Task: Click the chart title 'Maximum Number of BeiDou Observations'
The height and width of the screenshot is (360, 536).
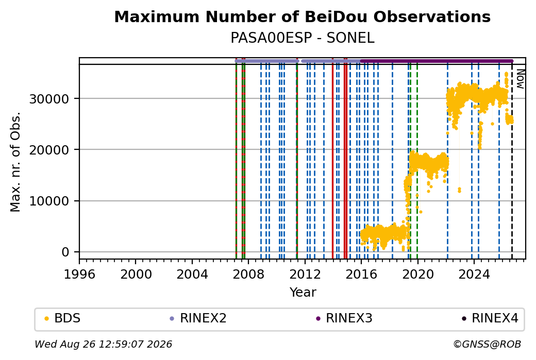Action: (x=302, y=16)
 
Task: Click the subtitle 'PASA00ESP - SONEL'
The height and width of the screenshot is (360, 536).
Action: (x=303, y=38)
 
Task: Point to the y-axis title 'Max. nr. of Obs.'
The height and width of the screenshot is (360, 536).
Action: (x=15, y=162)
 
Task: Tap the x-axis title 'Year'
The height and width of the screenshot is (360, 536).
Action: (x=303, y=293)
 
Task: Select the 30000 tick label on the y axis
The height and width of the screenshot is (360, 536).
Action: (x=49, y=99)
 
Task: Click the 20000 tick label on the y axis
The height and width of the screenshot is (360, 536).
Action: (x=49, y=150)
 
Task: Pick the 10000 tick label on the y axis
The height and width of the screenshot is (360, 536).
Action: (x=49, y=201)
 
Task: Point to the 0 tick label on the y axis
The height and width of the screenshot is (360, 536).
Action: (x=65, y=252)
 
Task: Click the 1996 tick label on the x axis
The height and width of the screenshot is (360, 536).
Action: (x=80, y=275)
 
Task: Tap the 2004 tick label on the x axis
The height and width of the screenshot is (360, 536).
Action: (x=192, y=275)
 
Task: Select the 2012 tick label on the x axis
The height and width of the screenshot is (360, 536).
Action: (x=305, y=275)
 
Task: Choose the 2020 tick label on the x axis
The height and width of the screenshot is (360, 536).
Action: (x=418, y=275)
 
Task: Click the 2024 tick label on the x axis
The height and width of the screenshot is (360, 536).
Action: (x=474, y=275)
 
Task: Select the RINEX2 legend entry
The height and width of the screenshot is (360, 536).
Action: (x=198, y=318)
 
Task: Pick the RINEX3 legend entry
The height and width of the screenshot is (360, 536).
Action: (x=344, y=318)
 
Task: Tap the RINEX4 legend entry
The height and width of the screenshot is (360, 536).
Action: (x=490, y=318)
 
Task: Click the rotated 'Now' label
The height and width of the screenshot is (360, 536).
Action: (x=520, y=79)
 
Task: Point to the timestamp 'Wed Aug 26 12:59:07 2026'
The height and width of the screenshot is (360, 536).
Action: (x=103, y=344)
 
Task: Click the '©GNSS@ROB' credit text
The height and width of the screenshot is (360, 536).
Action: (x=488, y=344)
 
